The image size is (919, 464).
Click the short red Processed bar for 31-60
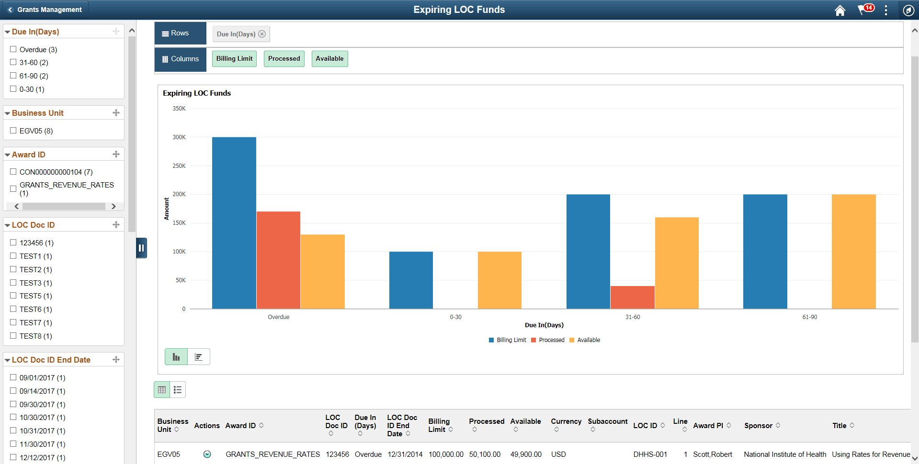(632, 297)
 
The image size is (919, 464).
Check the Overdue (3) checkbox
(13, 49)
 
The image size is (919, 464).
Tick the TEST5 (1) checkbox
(13, 296)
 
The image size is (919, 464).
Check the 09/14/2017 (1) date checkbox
(13, 391)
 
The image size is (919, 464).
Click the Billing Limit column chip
(234, 59)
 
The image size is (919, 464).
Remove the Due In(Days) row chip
(262, 34)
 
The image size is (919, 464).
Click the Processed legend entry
(551, 340)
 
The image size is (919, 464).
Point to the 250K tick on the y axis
(179, 166)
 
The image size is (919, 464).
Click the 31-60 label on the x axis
(632, 317)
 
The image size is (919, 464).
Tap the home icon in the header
(840, 11)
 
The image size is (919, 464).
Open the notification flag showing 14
(864, 10)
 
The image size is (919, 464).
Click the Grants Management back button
(45, 10)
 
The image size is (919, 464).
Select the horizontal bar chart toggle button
(199, 357)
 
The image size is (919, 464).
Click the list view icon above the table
(178, 390)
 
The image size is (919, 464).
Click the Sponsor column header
(758, 425)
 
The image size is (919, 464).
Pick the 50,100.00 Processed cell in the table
(485, 454)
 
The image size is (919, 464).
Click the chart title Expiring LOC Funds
(197, 93)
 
